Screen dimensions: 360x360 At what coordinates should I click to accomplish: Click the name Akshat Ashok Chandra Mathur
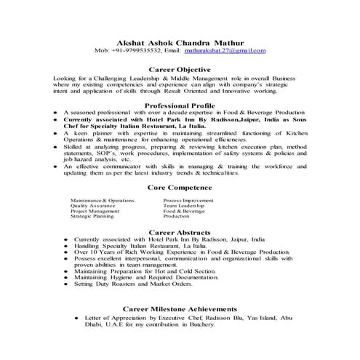(x=180, y=41)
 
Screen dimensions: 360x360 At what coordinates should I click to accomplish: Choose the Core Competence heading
(x=180, y=187)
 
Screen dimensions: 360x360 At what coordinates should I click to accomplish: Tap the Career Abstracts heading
(x=180, y=231)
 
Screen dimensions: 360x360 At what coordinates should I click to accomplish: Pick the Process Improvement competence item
(x=188, y=200)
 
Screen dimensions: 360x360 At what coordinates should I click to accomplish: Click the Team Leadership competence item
(x=185, y=206)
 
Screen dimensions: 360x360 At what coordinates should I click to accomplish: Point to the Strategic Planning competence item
(x=92, y=217)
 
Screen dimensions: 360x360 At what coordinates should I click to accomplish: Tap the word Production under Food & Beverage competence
(x=176, y=217)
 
